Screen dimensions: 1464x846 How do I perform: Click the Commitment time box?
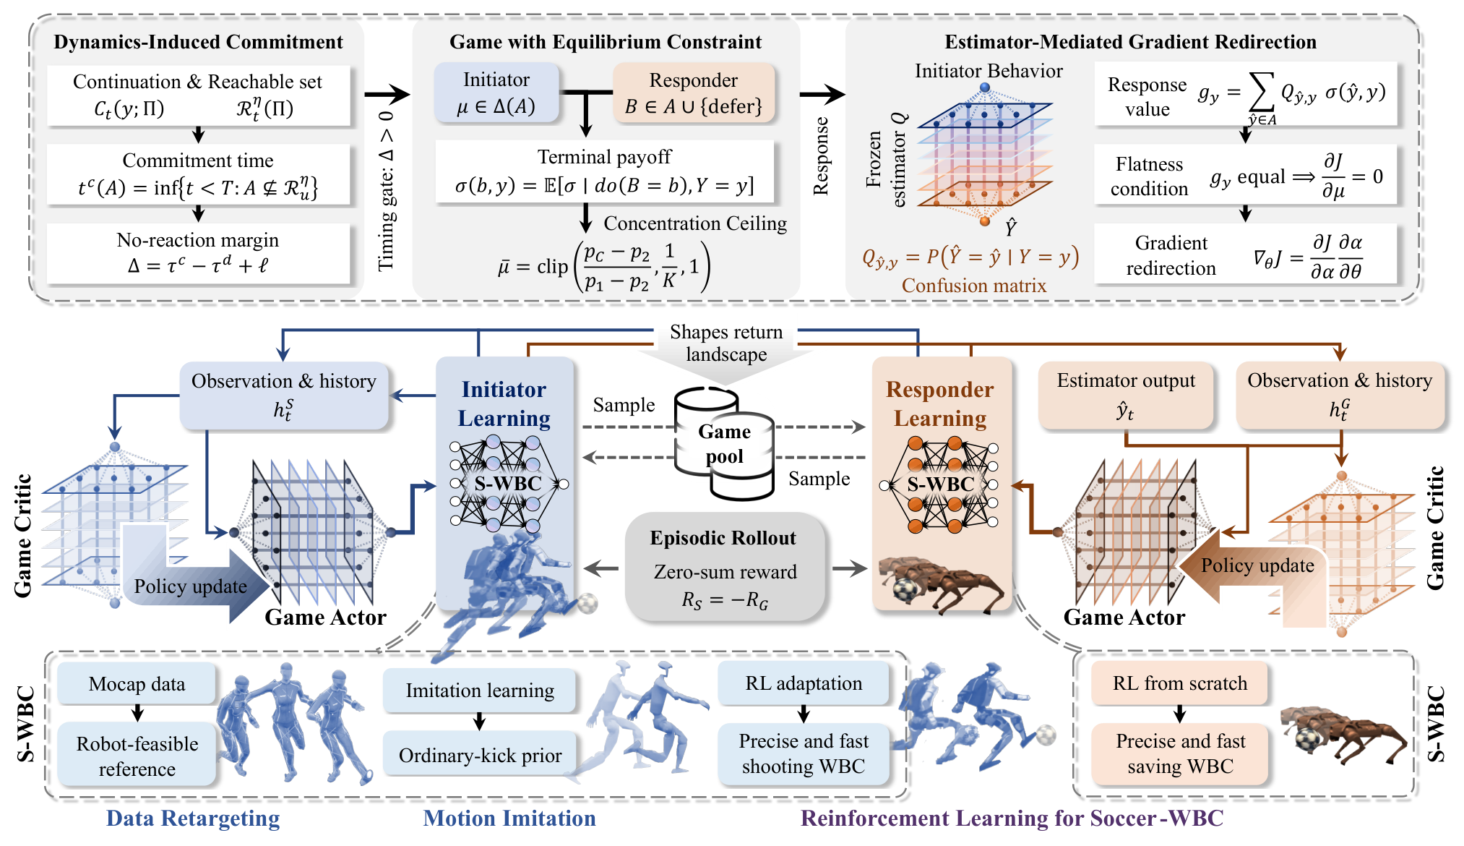198,174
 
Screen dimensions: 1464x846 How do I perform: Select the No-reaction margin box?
198,253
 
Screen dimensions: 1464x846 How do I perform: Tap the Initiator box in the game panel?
496,93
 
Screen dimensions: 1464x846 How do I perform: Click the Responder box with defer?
694,93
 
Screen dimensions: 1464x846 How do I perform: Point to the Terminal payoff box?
604,171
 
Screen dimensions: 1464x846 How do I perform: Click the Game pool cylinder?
724,443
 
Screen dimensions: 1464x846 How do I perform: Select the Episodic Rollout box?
724,567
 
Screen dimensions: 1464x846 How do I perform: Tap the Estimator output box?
1125,396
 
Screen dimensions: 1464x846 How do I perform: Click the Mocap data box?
137,683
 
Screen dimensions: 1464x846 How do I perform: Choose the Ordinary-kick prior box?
480,755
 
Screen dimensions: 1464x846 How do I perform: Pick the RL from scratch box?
1179,683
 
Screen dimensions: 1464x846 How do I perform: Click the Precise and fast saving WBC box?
1180,753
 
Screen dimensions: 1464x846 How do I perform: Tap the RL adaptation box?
804,683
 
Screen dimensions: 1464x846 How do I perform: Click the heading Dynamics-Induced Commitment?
198,42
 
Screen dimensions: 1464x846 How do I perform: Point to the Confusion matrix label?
973,286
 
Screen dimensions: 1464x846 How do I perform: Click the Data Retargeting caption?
193,819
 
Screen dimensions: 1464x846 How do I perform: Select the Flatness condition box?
1245,176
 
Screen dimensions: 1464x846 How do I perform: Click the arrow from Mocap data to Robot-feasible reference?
137,713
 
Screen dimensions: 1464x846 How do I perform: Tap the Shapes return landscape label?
725,343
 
